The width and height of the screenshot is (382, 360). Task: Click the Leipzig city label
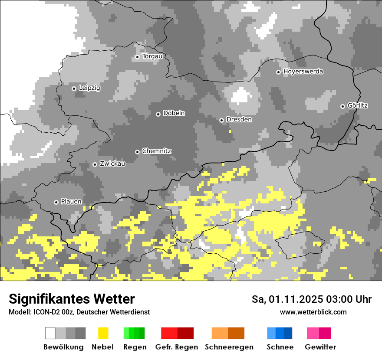point(89,88)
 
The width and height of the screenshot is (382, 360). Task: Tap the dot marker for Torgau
point(137,57)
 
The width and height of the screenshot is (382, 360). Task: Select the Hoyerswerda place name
point(303,72)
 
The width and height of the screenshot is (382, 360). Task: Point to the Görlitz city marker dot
point(342,106)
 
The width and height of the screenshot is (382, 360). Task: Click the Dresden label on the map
point(239,120)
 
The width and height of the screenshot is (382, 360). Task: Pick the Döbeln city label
point(174,113)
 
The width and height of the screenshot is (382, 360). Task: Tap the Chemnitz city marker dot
point(137,152)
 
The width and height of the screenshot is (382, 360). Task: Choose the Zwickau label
point(112,164)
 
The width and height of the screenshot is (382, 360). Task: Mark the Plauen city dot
point(56,202)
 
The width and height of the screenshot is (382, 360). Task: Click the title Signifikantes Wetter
point(72,299)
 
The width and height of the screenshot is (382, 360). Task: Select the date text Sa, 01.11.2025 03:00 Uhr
point(311,299)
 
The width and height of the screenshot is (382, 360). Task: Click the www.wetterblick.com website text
point(313,312)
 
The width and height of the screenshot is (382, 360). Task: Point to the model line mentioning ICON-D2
point(79,312)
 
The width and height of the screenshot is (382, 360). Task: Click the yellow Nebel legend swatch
point(103,333)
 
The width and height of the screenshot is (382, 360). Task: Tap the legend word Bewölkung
point(63,347)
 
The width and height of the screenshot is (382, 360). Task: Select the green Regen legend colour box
point(134,333)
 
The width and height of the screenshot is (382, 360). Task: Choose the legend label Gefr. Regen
point(177,347)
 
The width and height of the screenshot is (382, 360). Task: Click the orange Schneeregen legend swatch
point(228,333)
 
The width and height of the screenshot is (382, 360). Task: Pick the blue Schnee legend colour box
point(279,333)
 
